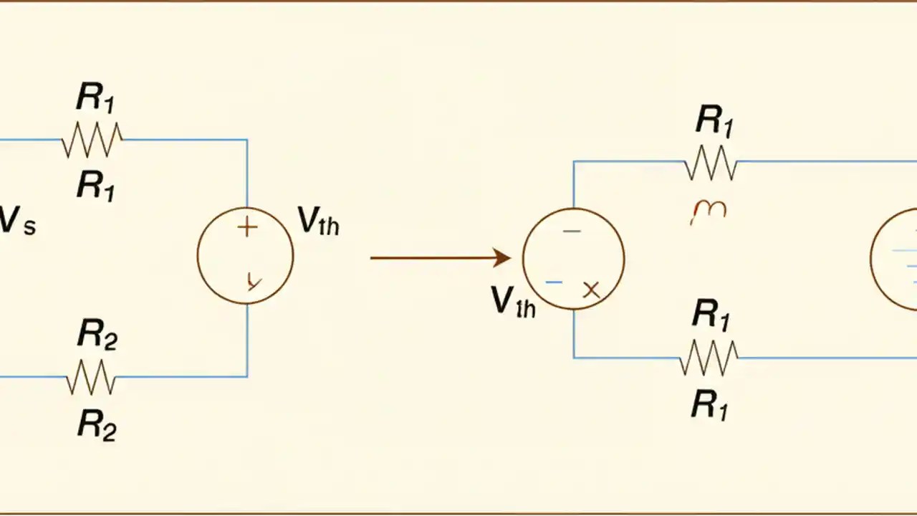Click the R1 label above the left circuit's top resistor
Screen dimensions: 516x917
click(96, 100)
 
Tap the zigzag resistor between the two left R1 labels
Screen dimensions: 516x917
click(92, 140)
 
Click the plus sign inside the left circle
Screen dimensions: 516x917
click(246, 228)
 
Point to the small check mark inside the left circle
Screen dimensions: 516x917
click(252, 280)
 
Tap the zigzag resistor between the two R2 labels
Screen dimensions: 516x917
click(91, 377)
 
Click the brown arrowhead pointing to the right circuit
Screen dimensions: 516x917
click(501, 257)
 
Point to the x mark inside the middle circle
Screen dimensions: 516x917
click(591, 290)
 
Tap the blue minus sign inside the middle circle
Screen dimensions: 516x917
click(553, 282)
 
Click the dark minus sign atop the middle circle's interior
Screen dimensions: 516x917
click(572, 231)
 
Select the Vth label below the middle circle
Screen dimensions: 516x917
click(513, 303)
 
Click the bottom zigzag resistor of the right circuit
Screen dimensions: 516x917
click(709, 357)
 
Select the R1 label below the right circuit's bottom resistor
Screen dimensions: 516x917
click(710, 406)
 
